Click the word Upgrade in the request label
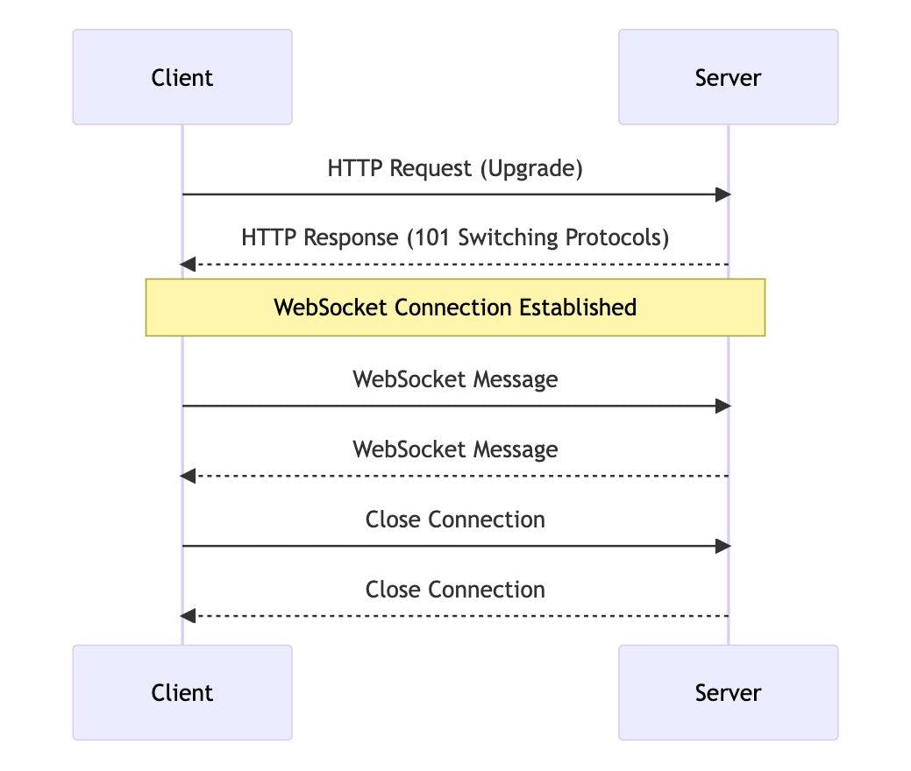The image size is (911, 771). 531,169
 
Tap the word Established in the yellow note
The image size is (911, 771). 578,308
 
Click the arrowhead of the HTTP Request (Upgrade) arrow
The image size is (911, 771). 722,195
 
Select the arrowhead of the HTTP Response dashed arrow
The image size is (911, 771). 188,265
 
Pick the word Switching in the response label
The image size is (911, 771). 508,238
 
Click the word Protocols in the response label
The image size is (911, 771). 613,237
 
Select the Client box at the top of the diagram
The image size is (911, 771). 182,77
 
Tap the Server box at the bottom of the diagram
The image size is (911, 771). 729,693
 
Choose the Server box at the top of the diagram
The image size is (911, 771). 729,77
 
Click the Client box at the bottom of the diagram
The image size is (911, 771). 182,693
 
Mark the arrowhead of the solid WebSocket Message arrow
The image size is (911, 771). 722,406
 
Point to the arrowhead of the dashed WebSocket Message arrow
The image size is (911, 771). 188,476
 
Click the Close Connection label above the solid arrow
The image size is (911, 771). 456,520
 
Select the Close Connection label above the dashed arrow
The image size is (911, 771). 456,590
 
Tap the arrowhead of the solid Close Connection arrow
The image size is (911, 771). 722,546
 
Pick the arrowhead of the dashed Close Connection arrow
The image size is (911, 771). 188,616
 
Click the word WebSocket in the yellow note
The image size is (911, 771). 331,308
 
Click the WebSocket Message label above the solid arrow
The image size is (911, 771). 456,379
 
